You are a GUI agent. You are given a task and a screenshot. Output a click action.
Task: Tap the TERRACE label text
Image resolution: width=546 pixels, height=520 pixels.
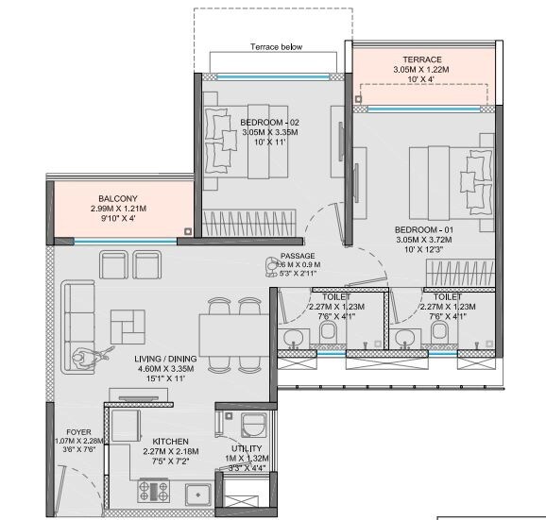pos(422,59)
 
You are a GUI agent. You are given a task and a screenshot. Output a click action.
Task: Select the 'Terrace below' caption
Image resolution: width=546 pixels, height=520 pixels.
pos(276,46)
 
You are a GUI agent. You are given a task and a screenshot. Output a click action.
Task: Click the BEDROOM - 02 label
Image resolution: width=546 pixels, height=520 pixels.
pos(269,123)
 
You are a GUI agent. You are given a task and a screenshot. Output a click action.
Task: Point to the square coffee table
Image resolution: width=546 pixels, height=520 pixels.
pos(126,326)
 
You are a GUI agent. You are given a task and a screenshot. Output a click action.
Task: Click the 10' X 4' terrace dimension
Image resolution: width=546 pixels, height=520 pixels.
pos(422,80)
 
